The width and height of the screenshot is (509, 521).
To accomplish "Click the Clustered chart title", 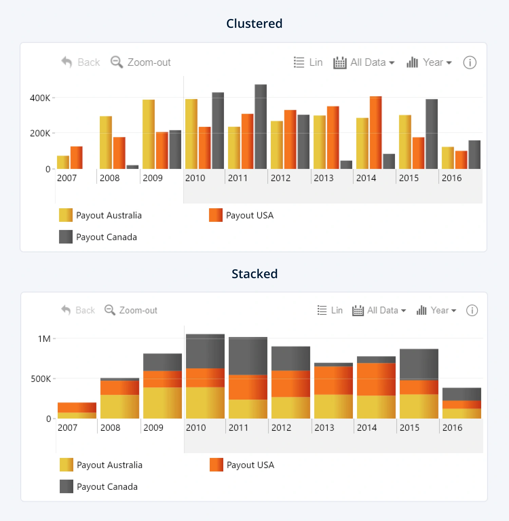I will [x=254, y=23].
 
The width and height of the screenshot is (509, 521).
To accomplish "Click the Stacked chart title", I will [x=254, y=274].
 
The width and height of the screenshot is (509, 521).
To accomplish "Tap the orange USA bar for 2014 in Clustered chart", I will [x=376, y=133].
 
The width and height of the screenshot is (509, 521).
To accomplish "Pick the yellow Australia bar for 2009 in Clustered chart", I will [x=148, y=134].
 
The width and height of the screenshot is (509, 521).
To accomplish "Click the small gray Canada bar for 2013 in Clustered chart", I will [x=346, y=165].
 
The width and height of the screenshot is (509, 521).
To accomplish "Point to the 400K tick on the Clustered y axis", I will [x=40, y=98].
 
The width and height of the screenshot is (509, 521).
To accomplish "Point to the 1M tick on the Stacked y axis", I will [x=44, y=339].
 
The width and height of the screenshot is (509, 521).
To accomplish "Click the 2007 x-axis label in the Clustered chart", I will [x=67, y=178].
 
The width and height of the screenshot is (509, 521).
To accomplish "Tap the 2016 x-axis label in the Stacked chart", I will [x=452, y=428].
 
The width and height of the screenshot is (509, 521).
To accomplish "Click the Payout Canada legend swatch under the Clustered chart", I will [x=66, y=237].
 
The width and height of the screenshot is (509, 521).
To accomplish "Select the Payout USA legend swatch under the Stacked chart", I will [x=216, y=465].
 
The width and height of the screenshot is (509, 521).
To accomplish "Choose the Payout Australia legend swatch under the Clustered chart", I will [x=66, y=215].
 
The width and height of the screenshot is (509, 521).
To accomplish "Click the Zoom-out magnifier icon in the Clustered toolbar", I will [x=116, y=62].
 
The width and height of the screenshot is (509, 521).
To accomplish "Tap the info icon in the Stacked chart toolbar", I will [x=472, y=310].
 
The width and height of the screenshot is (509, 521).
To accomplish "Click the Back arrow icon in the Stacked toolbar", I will [x=66, y=310].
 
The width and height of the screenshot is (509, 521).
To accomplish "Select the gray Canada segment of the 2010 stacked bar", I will [x=205, y=351].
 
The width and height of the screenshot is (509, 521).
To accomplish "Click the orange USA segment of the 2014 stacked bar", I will [x=376, y=379].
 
